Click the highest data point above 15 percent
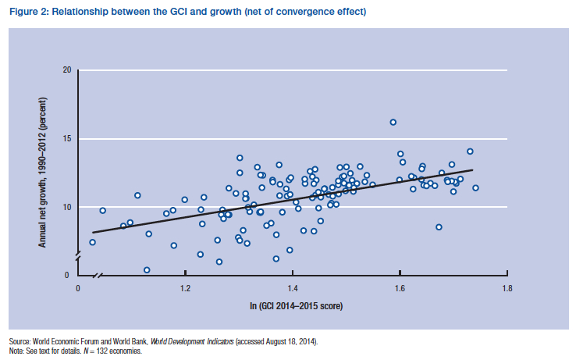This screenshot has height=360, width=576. (393, 122)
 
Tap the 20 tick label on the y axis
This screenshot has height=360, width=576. (66, 70)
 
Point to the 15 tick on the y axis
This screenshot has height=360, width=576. (66, 138)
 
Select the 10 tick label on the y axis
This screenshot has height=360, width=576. (66, 207)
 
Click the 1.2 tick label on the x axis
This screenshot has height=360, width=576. (185, 288)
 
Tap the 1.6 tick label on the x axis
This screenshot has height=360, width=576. (400, 288)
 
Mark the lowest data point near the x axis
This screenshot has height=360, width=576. (147, 270)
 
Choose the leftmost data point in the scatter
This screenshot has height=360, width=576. (93, 242)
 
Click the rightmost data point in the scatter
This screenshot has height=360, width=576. (475, 187)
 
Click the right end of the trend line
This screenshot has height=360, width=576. (471, 170)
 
